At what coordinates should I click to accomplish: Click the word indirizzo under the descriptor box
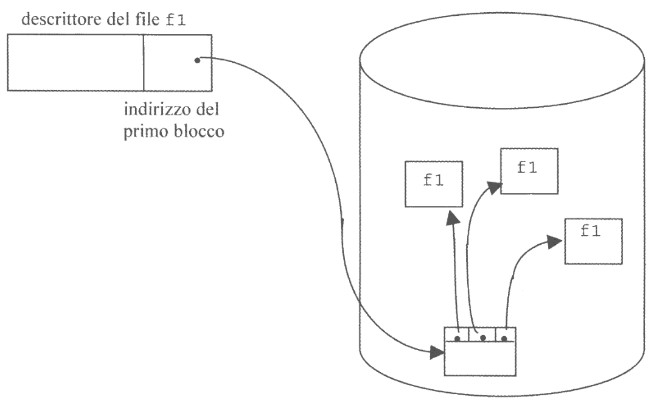click(x=150, y=113)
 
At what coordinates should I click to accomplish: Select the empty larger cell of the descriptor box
click(x=75, y=62)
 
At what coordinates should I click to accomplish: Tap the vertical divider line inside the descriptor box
click(x=144, y=62)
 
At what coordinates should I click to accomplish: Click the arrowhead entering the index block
click(x=437, y=351)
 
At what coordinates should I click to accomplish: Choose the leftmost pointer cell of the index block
click(x=456, y=334)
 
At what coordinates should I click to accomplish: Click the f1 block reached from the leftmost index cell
click(x=433, y=183)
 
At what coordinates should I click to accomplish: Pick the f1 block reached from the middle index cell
click(x=529, y=170)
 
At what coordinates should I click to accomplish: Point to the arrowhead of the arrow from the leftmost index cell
click(x=451, y=219)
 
